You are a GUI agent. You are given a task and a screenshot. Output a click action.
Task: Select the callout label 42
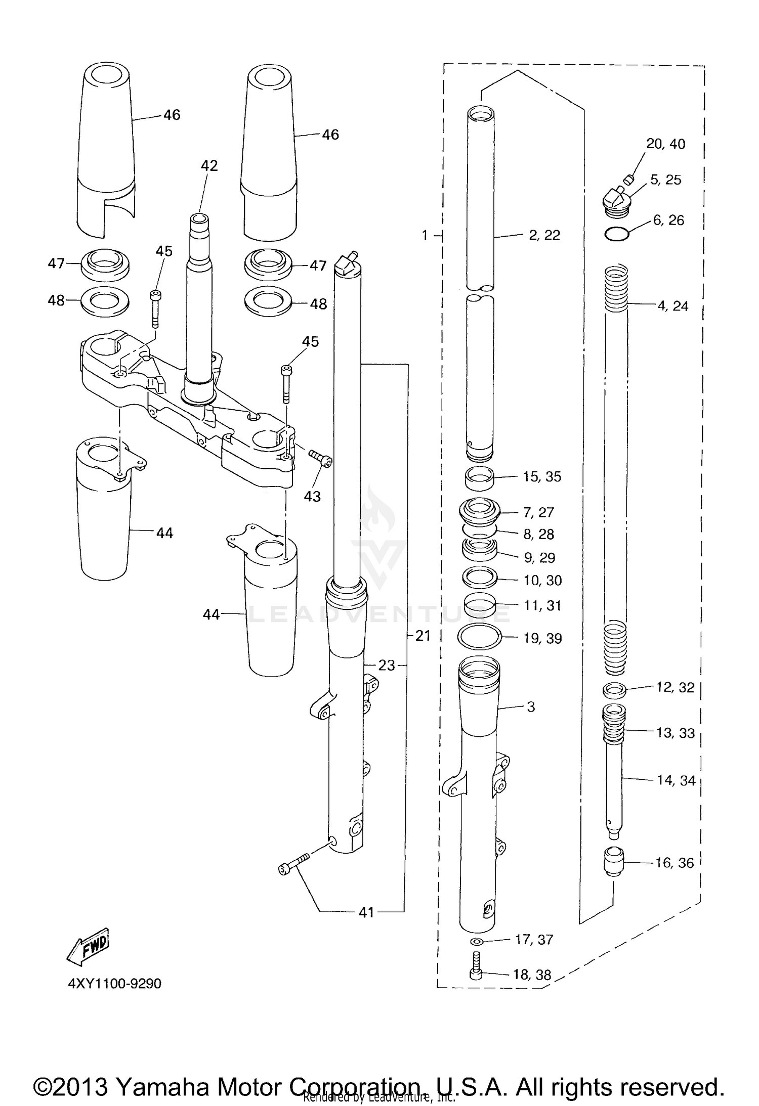tap(209, 165)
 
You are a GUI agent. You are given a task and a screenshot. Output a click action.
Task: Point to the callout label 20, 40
tap(665, 144)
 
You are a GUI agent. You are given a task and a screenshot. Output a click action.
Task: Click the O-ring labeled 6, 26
tap(617, 234)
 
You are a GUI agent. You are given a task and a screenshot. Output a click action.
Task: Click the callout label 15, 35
tap(542, 476)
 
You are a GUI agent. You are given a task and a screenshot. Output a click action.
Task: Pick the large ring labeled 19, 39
tap(479, 636)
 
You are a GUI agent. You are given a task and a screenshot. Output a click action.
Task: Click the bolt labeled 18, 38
tap(476, 967)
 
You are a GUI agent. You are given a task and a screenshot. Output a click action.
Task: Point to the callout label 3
tap(530, 706)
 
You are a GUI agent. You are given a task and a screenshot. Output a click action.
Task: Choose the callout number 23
tap(386, 665)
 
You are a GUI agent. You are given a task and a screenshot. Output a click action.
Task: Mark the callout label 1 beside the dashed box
tap(425, 235)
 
